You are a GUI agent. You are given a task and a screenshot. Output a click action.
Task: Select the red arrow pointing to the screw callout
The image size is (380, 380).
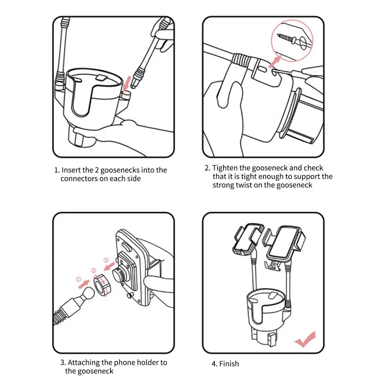(275, 61)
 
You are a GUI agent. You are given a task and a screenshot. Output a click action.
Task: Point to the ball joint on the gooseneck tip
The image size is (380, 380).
(87, 293)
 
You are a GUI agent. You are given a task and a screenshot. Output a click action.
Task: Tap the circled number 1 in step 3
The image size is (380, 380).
(79, 279)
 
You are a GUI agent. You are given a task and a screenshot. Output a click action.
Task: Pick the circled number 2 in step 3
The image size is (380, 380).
(106, 260)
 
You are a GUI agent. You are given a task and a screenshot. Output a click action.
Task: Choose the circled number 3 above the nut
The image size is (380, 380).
(93, 270)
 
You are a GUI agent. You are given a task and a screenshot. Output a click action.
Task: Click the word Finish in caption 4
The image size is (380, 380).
(229, 364)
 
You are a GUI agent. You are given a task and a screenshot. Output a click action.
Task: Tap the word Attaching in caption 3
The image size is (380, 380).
(84, 363)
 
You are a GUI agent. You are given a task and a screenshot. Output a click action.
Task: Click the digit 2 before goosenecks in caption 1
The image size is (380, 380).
(97, 170)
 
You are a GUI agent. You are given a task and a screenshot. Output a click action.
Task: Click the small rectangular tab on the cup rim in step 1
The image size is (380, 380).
(101, 77)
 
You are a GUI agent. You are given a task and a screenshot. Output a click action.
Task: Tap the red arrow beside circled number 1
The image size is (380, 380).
(84, 284)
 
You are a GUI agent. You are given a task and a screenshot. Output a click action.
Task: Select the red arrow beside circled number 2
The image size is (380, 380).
(109, 266)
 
